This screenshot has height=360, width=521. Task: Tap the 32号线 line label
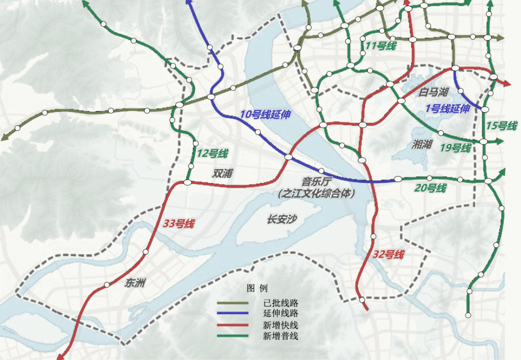pyautogui.click(x=389, y=255)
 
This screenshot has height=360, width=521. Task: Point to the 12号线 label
pyautogui.click(x=213, y=154)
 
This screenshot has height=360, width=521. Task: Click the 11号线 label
pyautogui.click(x=381, y=46)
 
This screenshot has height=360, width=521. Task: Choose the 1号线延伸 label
pyautogui.click(x=448, y=108)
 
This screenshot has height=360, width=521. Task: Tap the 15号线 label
pyautogui.click(x=501, y=126)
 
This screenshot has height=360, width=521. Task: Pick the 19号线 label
pyautogui.click(x=455, y=148)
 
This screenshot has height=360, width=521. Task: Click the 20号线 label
pyautogui.click(x=431, y=188)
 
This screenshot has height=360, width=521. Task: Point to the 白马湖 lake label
pyautogui.click(x=433, y=93)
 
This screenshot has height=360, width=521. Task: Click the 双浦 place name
pyautogui.click(x=222, y=173)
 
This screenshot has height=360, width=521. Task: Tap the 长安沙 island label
pyautogui.click(x=282, y=220)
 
